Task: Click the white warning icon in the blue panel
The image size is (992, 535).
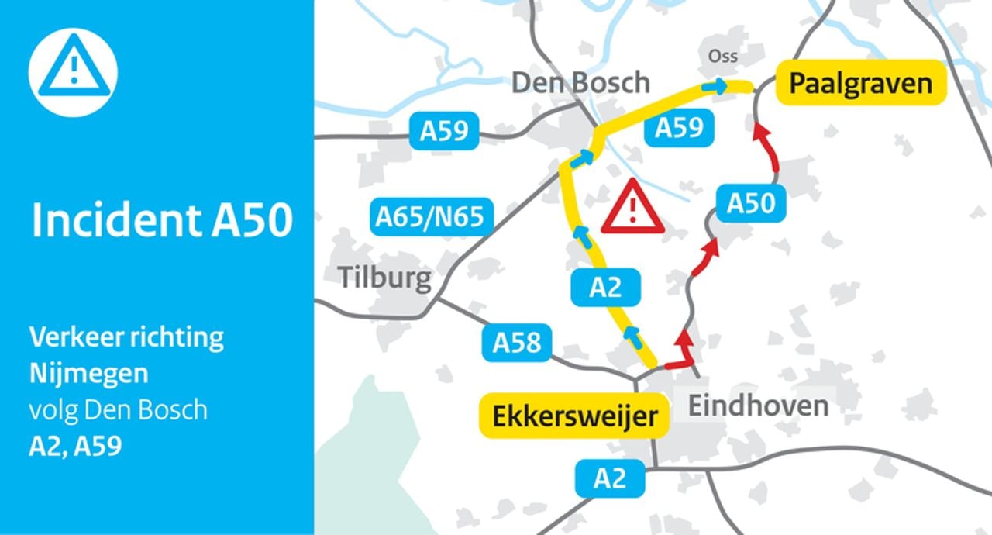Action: [x=73, y=72]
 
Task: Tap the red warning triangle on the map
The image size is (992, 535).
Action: [x=633, y=208]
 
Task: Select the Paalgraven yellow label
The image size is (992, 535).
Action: [x=860, y=83]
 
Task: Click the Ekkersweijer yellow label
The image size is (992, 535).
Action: [x=573, y=416]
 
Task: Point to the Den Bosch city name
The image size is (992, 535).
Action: [x=580, y=82]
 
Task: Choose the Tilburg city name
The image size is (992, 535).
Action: [x=384, y=277]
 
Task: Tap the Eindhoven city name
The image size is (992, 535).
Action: [x=758, y=405]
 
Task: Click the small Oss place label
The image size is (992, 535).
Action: [x=722, y=57]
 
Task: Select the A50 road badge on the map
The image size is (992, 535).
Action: [x=751, y=204]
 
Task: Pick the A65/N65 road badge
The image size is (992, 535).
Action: [x=430, y=217]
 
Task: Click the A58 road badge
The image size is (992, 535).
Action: [x=517, y=342]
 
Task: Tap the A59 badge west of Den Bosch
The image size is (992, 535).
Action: [x=444, y=131]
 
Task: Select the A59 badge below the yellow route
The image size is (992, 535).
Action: [x=679, y=128]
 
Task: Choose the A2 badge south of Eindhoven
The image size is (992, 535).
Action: [x=610, y=478]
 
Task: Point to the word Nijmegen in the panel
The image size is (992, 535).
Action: [x=88, y=374]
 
